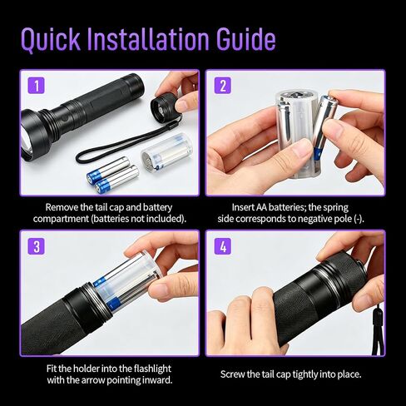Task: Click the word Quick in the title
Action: pyautogui.click(x=51, y=39)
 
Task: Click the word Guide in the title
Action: pyautogui.click(x=246, y=39)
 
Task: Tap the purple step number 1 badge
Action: pyautogui.click(x=37, y=85)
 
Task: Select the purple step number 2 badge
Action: pyautogui.click(x=223, y=85)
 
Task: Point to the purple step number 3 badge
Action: pyautogui.click(x=37, y=246)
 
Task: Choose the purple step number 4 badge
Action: pyautogui.click(x=223, y=246)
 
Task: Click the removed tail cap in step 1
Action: pyautogui.click(x=165, y=106)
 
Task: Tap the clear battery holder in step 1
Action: pyautogui.click(x=166, y=152)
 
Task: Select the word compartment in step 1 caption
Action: pyautogui.click(x=61, y=219)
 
